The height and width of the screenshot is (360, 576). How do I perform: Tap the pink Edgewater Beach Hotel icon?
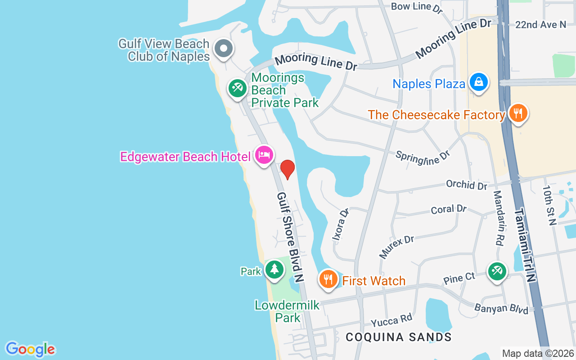(264, 155)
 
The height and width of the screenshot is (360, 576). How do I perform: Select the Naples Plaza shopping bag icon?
(478, 82)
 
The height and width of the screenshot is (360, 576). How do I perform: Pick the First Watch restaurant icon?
(328, 279)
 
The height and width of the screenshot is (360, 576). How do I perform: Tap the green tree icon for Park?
(274, 270)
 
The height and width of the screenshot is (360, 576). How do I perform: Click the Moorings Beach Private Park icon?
(237, 88)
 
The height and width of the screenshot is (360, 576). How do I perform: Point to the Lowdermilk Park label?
(287, 311)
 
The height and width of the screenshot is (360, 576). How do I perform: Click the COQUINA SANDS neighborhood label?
(399, 337)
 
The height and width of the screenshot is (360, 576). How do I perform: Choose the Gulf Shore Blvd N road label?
(289, 237)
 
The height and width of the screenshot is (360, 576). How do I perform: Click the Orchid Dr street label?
(467, 184)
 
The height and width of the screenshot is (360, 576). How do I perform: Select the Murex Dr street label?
(396, 246)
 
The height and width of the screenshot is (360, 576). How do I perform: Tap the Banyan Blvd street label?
(501, 309)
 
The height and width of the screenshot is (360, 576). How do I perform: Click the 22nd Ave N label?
(540, 25)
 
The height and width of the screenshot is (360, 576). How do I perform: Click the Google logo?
(30, 349)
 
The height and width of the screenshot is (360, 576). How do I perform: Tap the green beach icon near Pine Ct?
(497, 272)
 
